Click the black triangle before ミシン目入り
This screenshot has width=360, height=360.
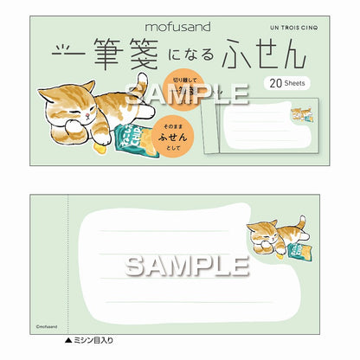68,340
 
